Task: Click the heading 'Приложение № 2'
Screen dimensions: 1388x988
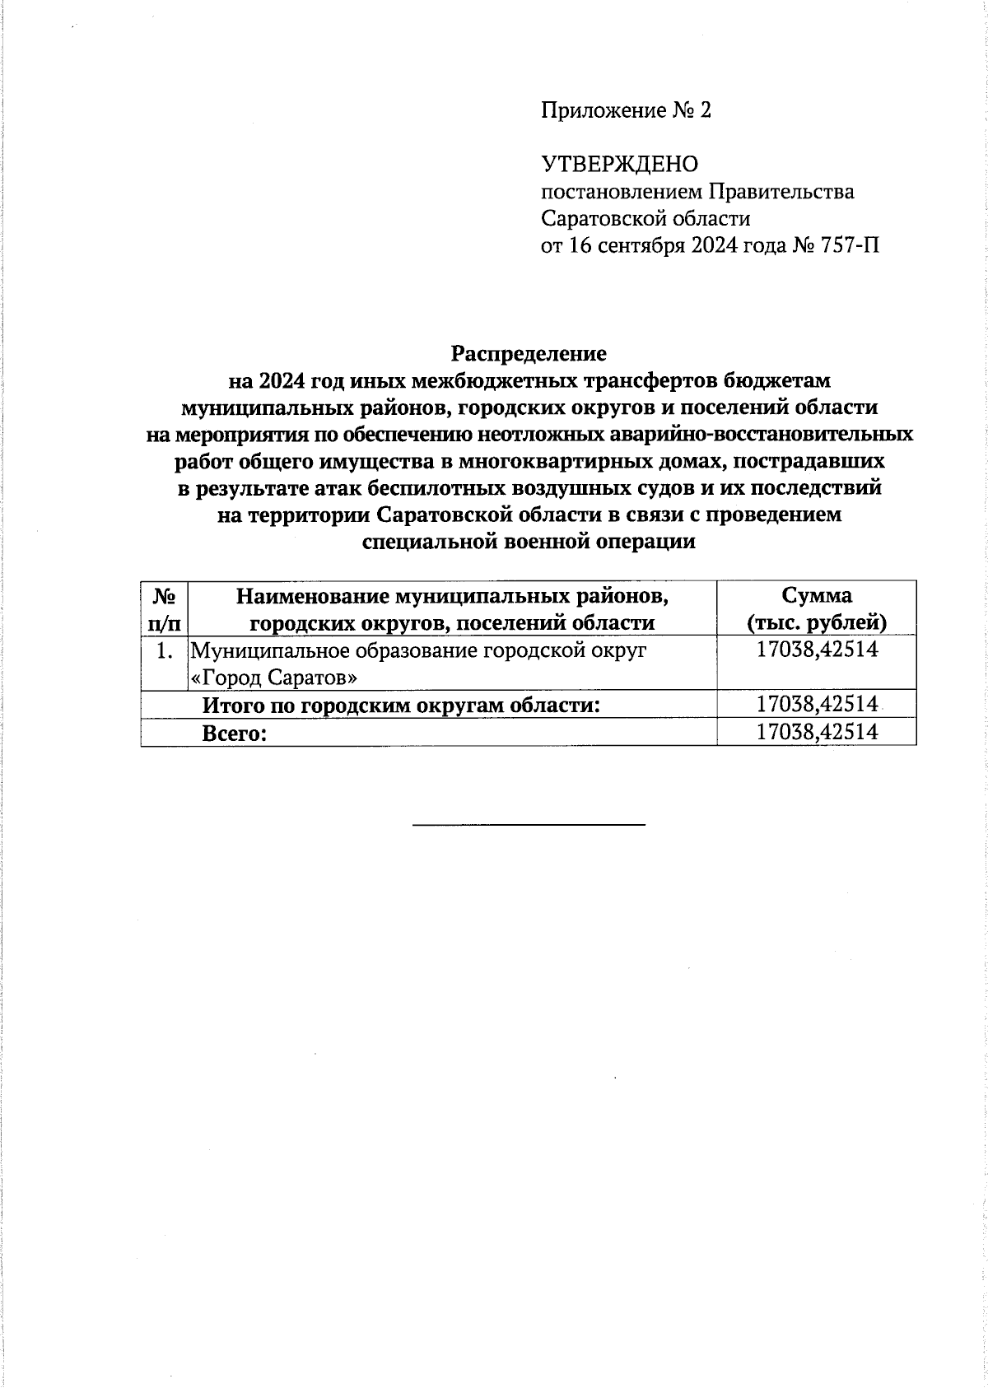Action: point(625,110)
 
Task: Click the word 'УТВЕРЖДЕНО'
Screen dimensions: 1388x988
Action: point(618,165)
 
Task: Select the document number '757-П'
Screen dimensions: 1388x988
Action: point(849,245)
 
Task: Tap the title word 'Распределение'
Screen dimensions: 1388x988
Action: point(528,353)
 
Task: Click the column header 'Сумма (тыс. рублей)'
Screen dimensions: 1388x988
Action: point(816,608)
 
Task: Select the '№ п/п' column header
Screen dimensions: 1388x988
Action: point(164,608)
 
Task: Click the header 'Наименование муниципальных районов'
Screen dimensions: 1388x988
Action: point(452,595)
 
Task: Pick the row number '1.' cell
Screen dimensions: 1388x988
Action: point(164,650)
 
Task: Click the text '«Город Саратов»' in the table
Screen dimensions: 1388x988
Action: point(274,678)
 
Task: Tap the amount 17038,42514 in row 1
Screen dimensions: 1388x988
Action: point(817,650)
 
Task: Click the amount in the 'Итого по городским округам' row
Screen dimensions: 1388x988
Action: point(817,704)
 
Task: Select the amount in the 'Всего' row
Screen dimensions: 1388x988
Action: point(817,732)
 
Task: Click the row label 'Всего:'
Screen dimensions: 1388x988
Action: point(235,733)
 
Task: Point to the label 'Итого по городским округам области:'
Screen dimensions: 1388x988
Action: point(401,705)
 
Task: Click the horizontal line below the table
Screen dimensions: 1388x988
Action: point(528,823)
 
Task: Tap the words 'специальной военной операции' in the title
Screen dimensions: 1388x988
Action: point(529,542)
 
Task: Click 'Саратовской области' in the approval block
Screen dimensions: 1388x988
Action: point(645,219)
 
